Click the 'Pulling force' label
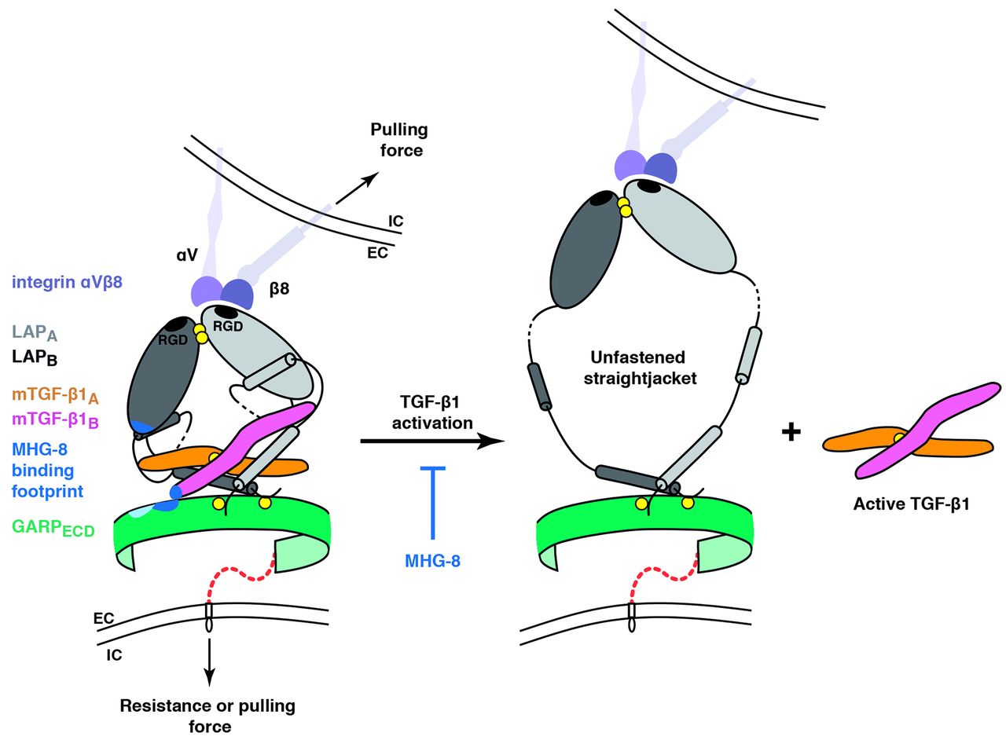(x=399, y=140)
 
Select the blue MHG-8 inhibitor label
(x=432, y=561)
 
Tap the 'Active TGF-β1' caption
(x=911, y=504)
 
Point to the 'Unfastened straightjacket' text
(x=640, y=368)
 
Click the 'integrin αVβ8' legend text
(x=67, y=283)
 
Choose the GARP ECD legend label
(x=53, y=528)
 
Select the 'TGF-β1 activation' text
(x=432, y=412)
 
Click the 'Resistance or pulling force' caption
(x=208, y=716)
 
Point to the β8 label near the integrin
(x=279, y=289)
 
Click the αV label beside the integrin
(x=187, y=255)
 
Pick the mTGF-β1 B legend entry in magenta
(x=55, y=420)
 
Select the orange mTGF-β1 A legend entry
(x=55, y=396)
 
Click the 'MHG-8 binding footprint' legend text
(x=48, y=470)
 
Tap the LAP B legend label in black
(x=35, y=358)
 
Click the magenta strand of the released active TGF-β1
(x=928, y=430)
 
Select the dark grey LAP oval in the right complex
(x=586, y=249)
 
